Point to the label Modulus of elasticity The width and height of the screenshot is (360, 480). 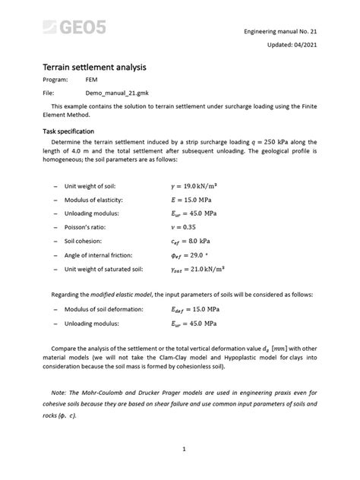click(x=94, y=199)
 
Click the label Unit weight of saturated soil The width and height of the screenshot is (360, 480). click(x=103, y=270)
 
